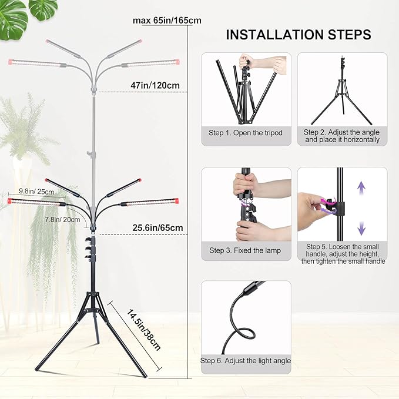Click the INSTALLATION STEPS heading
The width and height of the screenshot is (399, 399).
click(x=299, y=35)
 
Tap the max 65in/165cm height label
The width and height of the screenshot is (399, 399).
click(x=167, y=21)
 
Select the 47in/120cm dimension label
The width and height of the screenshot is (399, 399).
click(x=155, y=85)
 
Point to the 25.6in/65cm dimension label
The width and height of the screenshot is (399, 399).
click(x=157, y=227)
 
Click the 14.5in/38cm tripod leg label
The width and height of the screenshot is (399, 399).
click(x=144, y=330)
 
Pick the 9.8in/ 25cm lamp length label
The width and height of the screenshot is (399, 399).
click(x=36, y=192)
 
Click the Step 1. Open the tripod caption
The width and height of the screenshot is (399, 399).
click(x=246, y=133)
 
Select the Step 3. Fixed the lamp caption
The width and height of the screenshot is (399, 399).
click(x=245, y=250)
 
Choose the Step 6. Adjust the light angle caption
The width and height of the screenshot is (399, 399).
click(x=246, y=360)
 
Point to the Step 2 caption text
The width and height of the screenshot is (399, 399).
click(x=342, y=136)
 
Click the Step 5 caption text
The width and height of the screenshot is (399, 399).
click(x=342, y=254)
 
